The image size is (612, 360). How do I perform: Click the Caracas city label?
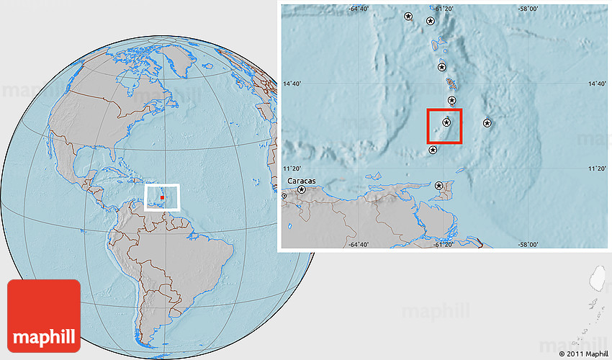coord(302,180)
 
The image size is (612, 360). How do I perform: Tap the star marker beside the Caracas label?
coord(302,189)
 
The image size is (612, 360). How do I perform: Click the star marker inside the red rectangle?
coord(446,122)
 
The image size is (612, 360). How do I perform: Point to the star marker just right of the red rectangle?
coord(487,122)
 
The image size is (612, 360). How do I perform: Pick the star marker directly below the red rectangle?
coord(433,150)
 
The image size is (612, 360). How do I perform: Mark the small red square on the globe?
coord(163,197)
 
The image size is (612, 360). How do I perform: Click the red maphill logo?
coord(44,315)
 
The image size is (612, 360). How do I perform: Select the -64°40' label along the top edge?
coord(359,9)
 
